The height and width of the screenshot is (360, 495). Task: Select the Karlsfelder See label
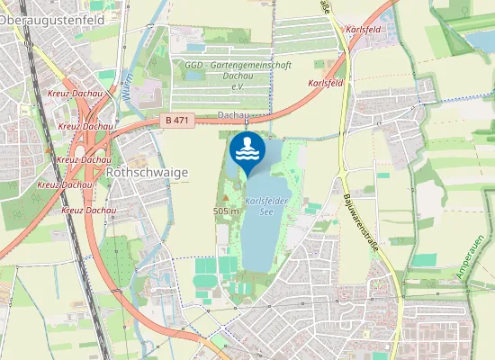click(x=265, y=206)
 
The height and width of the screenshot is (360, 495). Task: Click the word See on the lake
click(x=265, y=212)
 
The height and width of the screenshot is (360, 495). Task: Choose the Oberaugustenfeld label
click(x=52, y=19)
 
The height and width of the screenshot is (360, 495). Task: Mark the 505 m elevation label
click(x=225, y=210)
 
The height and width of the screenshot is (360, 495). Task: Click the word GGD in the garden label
click(x=193, y=66)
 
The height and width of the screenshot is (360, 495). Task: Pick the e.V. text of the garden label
click(x=238, y=86)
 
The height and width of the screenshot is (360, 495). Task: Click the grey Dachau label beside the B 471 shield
click(x=232, y=115)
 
